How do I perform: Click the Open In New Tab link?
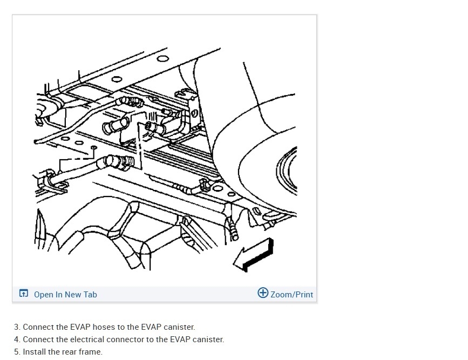point(65,295)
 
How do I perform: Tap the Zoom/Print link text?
point(291,295)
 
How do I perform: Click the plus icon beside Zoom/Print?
point(263,293)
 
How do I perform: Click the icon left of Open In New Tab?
point(24,294)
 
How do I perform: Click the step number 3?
point(17,327)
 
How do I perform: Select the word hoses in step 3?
point(104,327)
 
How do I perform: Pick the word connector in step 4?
point(123,339)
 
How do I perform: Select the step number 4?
point(17,339)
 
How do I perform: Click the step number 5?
point(17,352)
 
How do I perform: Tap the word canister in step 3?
point(178,327)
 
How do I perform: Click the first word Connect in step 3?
point(38,327)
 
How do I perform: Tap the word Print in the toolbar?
point(304,295)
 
